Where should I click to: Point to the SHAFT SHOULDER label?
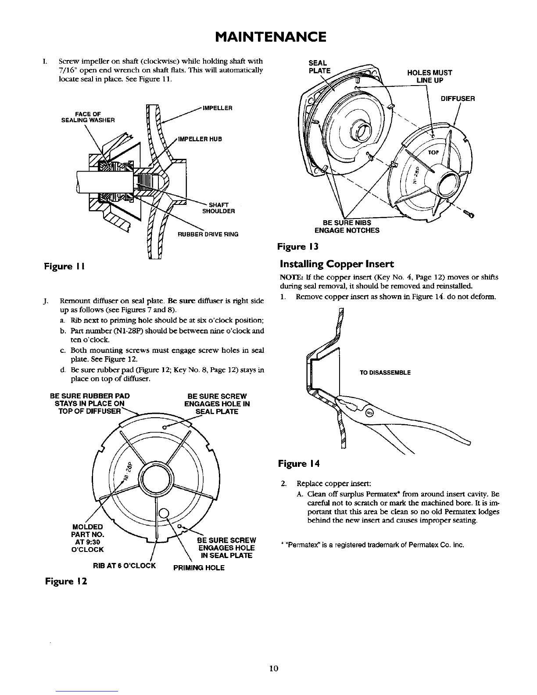tap(218, 208)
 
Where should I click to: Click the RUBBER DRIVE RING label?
tap(208, 234)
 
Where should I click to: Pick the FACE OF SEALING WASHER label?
tap(88, 118)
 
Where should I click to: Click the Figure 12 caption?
tap(65, 581)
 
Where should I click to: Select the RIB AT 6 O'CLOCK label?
tap(125, 565)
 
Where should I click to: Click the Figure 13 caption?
tap(297, 247)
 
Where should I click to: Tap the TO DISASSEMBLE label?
tap(385, 373)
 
